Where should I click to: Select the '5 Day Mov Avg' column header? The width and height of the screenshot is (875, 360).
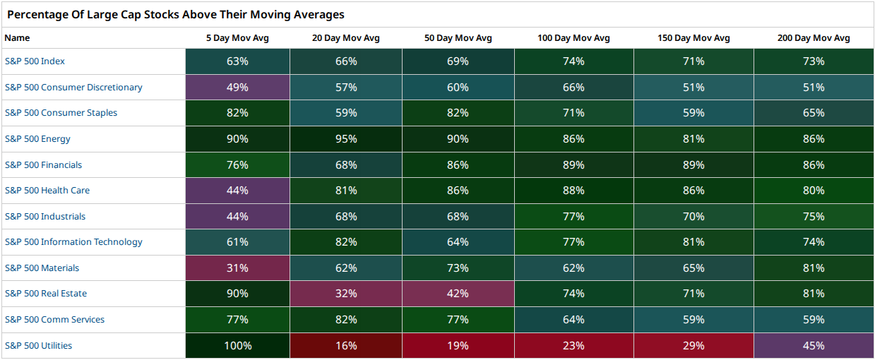click(237, 38)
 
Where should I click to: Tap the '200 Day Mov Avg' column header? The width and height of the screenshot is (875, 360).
click(814, 38)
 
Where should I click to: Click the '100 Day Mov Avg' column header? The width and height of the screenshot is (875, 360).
click(573, 38)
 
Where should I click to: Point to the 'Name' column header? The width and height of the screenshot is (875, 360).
click(17, 38)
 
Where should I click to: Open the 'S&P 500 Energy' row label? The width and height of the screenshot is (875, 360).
click(37, 139)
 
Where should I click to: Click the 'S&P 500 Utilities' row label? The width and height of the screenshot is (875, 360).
click(38, 346)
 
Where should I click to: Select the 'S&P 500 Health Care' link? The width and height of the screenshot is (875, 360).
click(47, 191)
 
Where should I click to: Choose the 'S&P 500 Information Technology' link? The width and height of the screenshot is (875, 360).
click(73, 242)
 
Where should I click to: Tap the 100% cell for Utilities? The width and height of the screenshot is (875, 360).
click(237, 346)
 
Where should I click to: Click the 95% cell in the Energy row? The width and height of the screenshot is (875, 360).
click(346, 139)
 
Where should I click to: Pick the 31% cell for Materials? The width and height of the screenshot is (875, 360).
click(237, 268)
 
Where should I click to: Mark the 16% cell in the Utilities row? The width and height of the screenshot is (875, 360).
click(346, 346)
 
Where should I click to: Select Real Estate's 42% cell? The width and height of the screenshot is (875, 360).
click(458, 294)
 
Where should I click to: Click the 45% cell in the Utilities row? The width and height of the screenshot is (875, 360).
click(814, 346)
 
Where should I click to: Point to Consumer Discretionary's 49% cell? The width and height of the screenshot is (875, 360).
click(237, 87)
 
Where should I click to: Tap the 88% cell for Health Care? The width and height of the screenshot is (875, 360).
click(573, 191)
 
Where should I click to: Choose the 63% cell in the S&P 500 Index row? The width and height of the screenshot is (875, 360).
click(237, 61)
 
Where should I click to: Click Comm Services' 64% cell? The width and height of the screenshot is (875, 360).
click(573, 319)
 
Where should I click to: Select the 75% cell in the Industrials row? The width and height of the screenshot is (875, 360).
click(814, 216)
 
